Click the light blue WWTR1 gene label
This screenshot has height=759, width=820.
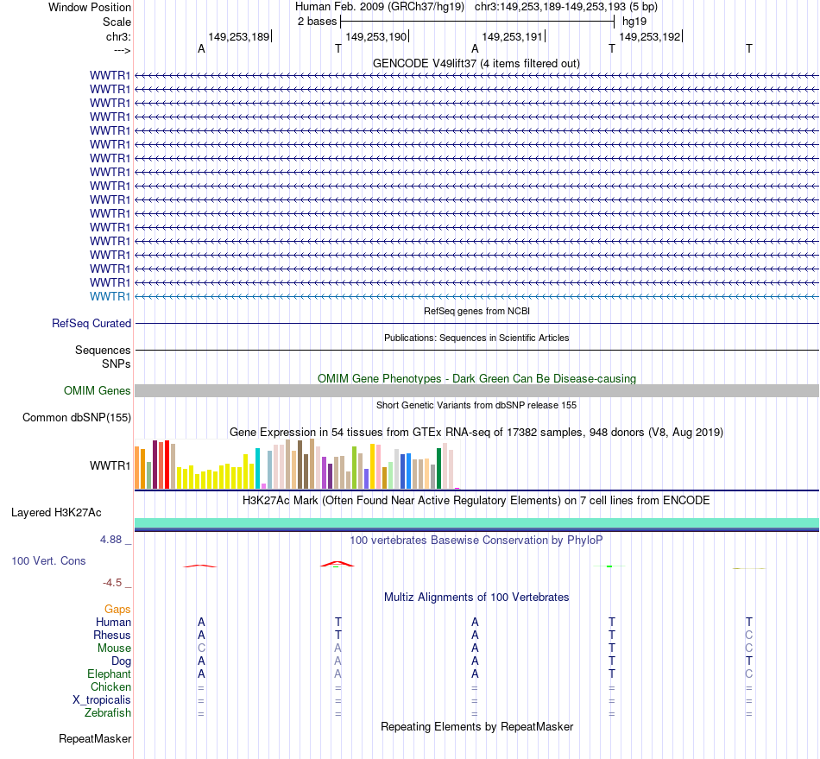tap(110, 296)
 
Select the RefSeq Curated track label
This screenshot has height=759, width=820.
tap(91, 324)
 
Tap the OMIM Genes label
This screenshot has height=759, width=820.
tap(98, 391)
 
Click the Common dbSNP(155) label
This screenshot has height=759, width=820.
tap(77, 418)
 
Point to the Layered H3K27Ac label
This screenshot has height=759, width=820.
tap(56, 513)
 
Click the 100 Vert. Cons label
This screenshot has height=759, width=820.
tap(48, 561)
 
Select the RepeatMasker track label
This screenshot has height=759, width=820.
tap(95, 739)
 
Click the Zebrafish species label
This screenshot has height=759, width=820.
tap(108, 713)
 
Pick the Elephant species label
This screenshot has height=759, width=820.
tap(109, 674)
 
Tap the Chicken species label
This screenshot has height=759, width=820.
tap(110, 687)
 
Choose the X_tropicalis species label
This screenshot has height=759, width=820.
tap(102, 700)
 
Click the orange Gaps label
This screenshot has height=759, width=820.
tap(117, 610)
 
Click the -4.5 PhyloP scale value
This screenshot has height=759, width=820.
tap(115, 583)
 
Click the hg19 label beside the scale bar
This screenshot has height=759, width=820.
tap(634, 21)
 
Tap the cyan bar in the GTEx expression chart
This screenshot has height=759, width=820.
tap(257, 467)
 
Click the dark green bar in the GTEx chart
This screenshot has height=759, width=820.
tap(438, 467)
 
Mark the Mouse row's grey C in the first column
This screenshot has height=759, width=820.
tap(201, 648)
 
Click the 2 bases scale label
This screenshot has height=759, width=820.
tap(317, 21)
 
